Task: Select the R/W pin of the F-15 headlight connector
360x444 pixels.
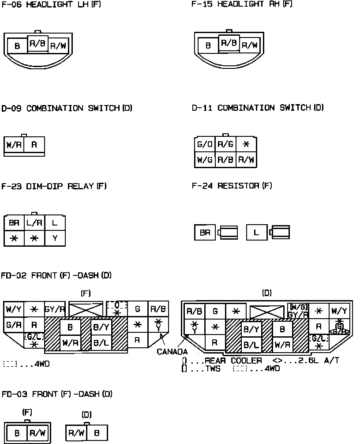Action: point(249,45)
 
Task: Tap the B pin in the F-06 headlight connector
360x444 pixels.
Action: point(17,46)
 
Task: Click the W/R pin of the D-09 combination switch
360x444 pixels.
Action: point(14,145)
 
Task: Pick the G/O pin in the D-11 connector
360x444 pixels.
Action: point(205,144)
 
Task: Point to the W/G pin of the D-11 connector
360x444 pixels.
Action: point(205,160)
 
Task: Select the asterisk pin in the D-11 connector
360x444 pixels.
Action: point(246,144)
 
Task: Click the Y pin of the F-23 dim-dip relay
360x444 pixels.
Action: point(55,238)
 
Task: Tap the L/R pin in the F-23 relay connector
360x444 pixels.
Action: point(34,223)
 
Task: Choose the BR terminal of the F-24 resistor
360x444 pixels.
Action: point(205,233)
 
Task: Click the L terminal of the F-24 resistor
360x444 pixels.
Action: point(257,232)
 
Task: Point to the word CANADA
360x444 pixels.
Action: point(172,352)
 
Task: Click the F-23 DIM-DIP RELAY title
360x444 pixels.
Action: point(54,186)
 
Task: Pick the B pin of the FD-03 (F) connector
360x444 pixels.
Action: point(17,433)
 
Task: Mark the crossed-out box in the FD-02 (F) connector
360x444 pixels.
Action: point(86,309)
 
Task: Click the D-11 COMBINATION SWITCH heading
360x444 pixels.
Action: point(258,108)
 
